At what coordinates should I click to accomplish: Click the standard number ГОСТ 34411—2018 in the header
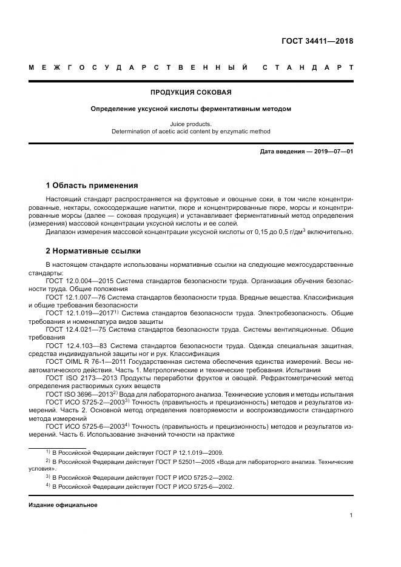click(x=317, y=41)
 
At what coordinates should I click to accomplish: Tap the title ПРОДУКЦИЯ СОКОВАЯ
click(x=190, y=93)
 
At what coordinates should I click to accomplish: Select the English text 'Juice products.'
click(x=190, y=124)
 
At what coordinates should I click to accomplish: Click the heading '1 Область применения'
click(x=92, y=186)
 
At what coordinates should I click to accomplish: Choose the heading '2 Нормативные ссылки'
click(x=93, y=251)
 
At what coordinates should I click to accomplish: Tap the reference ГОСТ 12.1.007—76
click(x=76, y=298)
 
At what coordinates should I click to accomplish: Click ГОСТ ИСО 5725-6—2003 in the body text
click(x=84, y=426)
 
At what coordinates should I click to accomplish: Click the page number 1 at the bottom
click(x=351, y=515)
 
